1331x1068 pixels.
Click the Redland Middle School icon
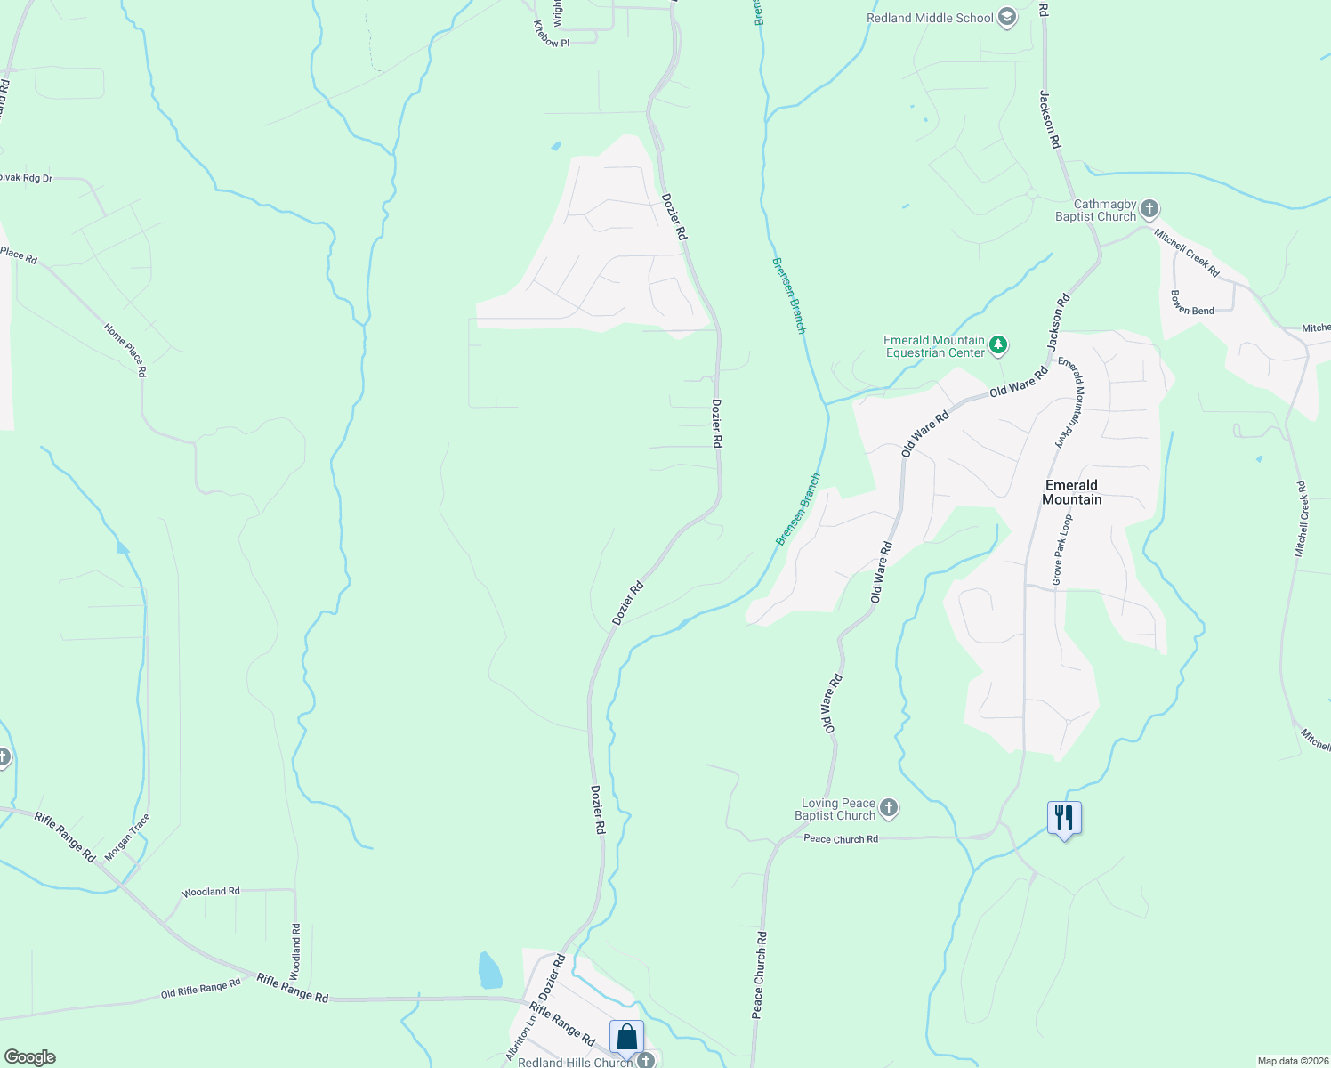click(x=1007, y=18)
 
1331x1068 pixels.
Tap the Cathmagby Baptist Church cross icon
click(x=1149, y=209)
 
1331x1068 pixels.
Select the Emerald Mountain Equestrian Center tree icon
click(x=998, y=344)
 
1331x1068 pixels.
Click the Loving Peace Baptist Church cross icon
click(x=888, y=809)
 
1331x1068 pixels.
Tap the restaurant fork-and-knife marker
click(x=1064, y=817)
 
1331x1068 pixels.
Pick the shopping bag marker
click(x=626, y=1037)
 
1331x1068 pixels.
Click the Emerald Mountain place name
click(x=1071, y=492)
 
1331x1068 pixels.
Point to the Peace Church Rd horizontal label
click(x=840, y=839)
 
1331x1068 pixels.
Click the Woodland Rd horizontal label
click(x=211, y=892)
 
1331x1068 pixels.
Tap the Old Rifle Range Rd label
click(x=201, y=988)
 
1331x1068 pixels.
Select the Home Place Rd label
click(x=125, y=350)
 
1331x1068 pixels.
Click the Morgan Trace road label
click(x=127, y=837)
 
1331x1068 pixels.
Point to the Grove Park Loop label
click(x=1062, y=549)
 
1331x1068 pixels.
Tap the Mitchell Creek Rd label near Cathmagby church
click(x=1187, y=252)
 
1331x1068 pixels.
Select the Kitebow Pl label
click(x=551, y=36)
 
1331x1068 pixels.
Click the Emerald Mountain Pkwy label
click(x=1072, y=402)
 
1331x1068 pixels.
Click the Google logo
click(x=29, y=1057)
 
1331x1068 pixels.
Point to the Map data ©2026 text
click(x=1291, y=1061)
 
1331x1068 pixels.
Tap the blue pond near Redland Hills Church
click(x=489, y=971)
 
